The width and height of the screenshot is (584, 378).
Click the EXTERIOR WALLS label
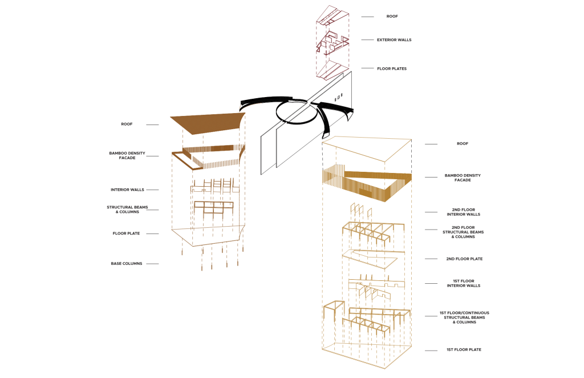click(394, 40)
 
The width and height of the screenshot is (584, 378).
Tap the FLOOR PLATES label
click(392, 69)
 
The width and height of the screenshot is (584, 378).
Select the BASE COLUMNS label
click(127, 264)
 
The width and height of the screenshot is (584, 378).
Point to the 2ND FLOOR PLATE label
click(464, 259)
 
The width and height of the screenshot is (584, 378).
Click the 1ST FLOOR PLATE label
click(464, 349)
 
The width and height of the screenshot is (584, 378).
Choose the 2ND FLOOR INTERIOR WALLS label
click(464, 212)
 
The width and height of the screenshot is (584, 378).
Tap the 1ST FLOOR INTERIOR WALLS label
click(464, 283)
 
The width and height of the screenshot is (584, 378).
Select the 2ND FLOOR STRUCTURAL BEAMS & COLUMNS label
click(463, 232)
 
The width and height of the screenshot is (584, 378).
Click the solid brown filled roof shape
click(208, 123)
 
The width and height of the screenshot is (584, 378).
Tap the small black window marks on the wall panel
click(338, 98)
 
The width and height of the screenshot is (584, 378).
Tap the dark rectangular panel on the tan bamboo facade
click(366, 193)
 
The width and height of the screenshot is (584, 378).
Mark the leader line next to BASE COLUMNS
click(152, 264)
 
